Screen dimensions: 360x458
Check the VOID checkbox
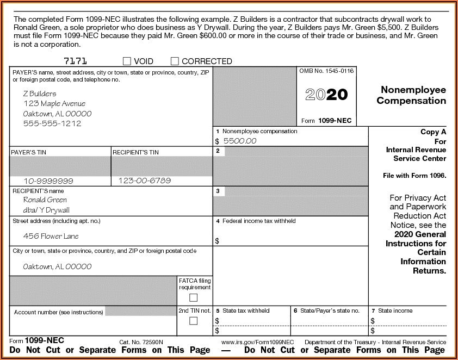click(x=127, y=61)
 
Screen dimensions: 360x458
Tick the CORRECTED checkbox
click(x=175, y=61)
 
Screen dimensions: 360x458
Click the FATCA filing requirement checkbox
click(x=193, y=297)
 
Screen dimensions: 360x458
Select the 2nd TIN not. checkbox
click(x=193, y=321)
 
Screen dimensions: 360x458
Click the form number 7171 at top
click(x=75, y=61)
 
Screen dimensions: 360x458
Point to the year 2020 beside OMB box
click(x=326, y=95)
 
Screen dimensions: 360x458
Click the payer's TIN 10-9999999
click(x=48, y=181)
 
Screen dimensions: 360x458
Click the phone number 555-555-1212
click(x=52, y=123)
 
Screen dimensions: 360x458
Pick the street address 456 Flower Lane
click(x=51, y=236)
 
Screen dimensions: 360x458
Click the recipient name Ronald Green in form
click(x=45, y=200)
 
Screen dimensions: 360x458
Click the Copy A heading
click(x=433, y=132)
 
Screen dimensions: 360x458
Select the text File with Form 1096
click(x=414, y=176)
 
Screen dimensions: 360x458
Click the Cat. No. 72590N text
click(x=141, y=342)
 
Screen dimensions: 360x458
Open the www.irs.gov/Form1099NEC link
click(x=258, y=342)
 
